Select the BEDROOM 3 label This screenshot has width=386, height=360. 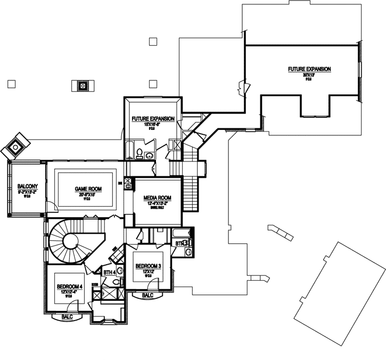(149, 266)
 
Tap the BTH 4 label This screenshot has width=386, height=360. (110, 272)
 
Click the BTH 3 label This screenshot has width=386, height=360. (182, 243)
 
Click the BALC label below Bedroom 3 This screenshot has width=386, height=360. (148, 294)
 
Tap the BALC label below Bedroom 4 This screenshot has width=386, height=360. (68, 316)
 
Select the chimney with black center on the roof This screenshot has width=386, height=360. (83, 85)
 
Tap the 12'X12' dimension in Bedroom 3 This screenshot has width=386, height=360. (149, 272)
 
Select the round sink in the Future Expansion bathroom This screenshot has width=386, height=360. (149, 156)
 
